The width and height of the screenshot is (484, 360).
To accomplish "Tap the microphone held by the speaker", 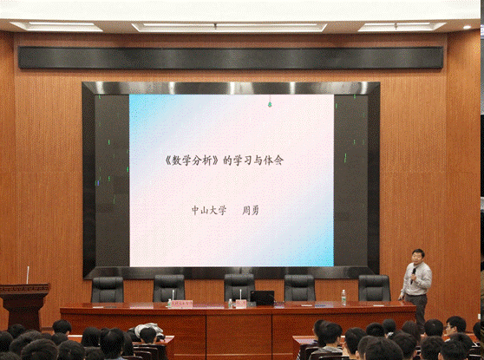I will tap(415, 271).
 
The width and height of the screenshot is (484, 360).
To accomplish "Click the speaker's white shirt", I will tap(419, 279).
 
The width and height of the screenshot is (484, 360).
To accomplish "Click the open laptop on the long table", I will tap(263, 298).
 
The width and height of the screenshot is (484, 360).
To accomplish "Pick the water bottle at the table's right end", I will tap(343, 298).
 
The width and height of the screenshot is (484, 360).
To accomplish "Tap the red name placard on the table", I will tap(180, 303).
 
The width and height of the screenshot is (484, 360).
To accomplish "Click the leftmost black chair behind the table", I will tap(108, 289).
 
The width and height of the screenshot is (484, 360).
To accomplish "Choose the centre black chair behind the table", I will tap(239, 286).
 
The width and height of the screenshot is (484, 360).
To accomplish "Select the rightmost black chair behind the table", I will tap(374, 288).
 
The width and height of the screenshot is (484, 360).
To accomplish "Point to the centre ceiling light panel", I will tap(230, 27).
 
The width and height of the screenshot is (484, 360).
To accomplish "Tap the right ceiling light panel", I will tap(401, 27).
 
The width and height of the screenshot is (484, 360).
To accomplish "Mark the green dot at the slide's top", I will tap(269, 104).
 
